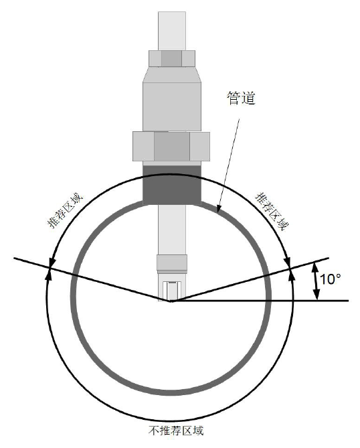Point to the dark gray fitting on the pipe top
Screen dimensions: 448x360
pos(172,183)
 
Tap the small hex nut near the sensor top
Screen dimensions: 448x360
pos(172,58)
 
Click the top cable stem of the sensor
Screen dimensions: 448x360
pos(172,27)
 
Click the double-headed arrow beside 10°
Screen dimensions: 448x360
pos(314,281)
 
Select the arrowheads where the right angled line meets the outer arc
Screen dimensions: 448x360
pos(291,269)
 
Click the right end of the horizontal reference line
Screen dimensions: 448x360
pos(347,301)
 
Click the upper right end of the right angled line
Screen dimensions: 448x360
pos(329,258)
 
